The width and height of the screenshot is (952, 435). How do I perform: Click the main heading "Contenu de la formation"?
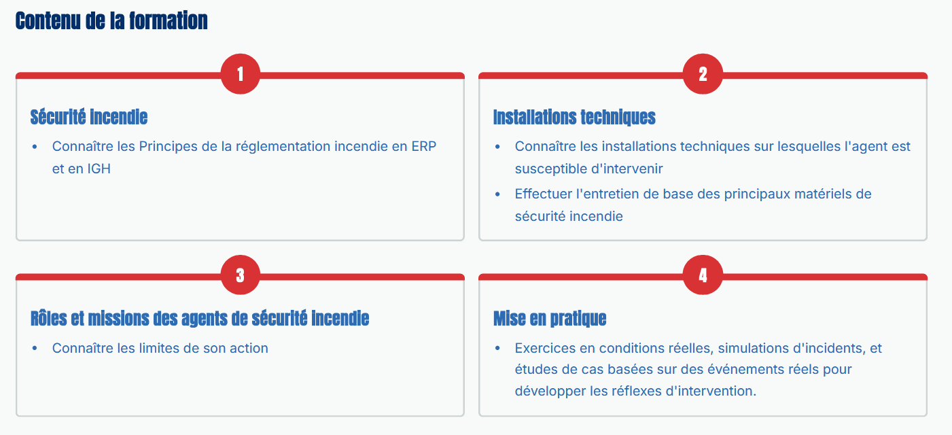111,21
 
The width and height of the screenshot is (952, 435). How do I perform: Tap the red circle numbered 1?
240,73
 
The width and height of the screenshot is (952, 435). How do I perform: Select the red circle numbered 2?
703,73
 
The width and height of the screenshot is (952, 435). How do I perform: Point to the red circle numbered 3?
240,275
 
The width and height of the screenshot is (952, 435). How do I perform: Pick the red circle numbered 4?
703,275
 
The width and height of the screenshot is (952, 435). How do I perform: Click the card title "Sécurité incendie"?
89,117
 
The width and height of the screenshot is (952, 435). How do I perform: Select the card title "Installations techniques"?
574,117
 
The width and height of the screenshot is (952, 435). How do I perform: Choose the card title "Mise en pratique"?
550,319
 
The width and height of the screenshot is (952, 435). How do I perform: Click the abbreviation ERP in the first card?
424,146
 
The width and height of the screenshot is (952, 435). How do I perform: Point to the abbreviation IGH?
99,169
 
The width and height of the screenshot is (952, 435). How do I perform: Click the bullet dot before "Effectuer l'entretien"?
497,194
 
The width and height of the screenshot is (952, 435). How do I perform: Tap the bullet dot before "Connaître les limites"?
35,349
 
